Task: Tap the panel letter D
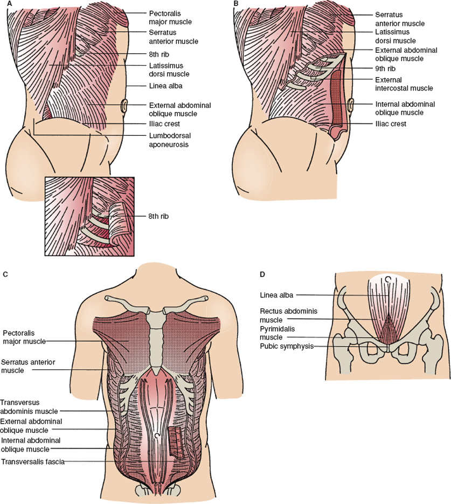point(262,274)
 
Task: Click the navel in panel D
point(387,279)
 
